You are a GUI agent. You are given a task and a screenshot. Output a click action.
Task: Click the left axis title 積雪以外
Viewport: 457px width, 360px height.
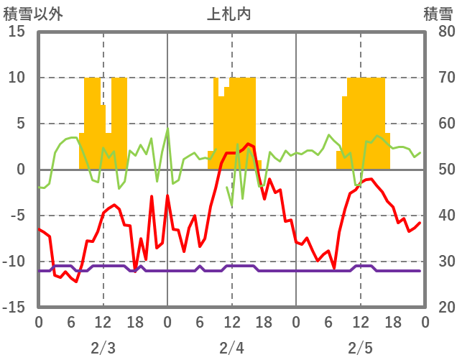[x=33, y=13]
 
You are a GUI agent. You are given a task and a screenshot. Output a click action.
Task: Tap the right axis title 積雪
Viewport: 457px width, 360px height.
[x=438, y=13]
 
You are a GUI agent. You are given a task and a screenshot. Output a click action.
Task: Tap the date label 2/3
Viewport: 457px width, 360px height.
[x=103, y=348]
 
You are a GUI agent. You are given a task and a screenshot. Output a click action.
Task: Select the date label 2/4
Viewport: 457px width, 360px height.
[x=231, y=348]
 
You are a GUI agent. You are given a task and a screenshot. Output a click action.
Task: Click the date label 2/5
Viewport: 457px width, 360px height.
[x=360, y=348]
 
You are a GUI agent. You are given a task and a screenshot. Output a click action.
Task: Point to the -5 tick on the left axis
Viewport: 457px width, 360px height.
[x=17, y=216]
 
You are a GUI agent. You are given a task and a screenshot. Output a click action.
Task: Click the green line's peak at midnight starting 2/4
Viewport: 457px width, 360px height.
[x=167, y=129]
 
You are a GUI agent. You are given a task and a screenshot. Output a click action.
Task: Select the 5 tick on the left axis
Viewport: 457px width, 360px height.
[x=21, y=124]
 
